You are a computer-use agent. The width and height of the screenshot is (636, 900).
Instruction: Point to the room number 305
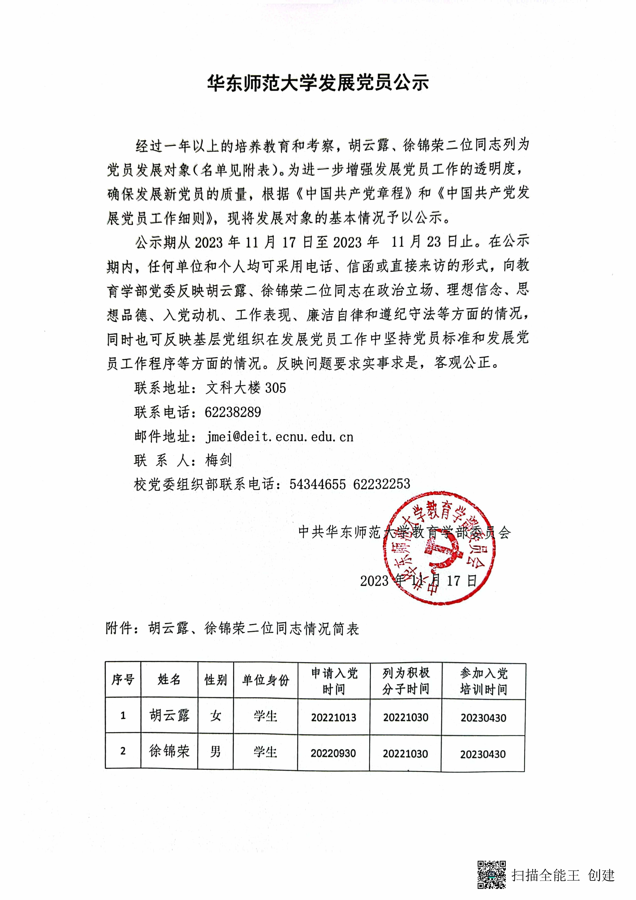tap(276, 388)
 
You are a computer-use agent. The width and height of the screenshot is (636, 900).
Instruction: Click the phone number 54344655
tap(318, 485)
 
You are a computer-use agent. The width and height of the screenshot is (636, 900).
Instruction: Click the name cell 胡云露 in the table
tap(169, 715)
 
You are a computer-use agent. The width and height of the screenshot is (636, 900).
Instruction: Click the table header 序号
tap(123, 680)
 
